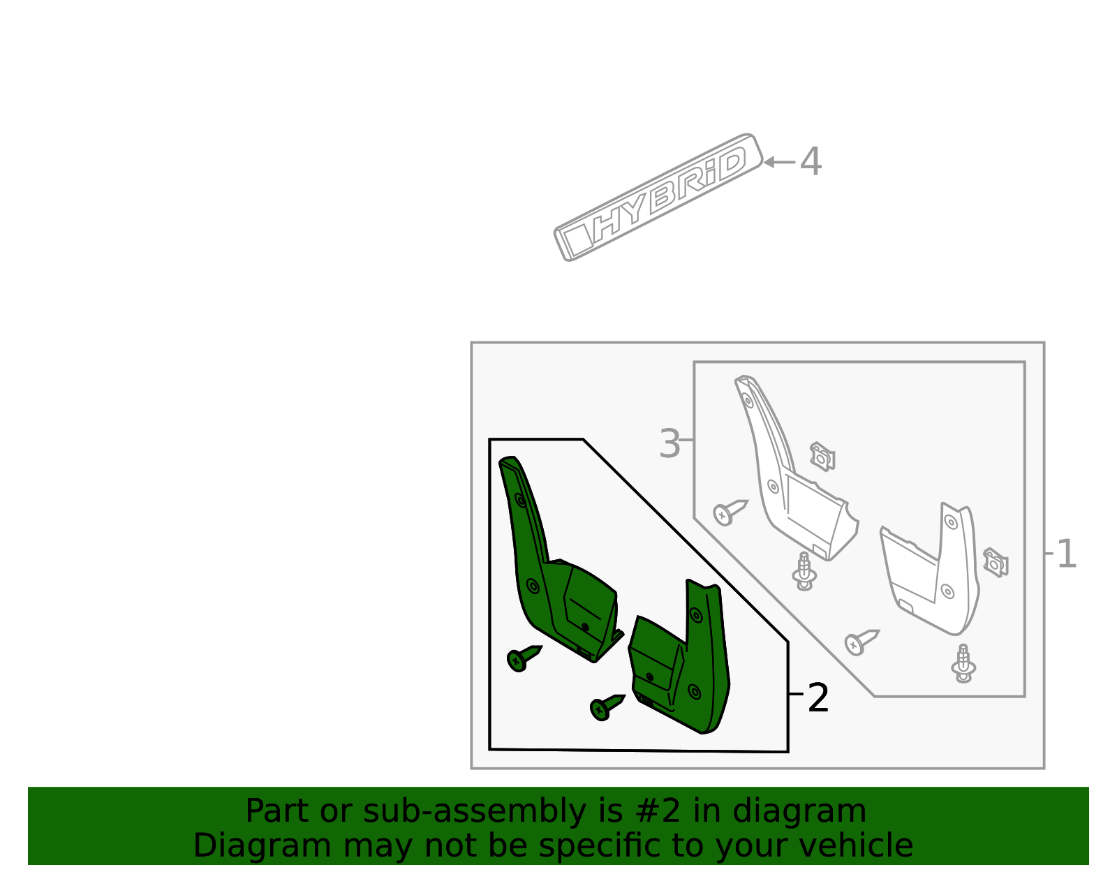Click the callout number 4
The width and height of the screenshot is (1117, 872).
[811, 162]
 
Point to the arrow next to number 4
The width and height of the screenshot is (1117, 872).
[778, 162]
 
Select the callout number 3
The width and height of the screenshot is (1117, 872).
[670, 444]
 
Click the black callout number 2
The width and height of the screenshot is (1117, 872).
[818, 698]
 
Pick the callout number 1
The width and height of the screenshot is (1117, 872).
[1067, 555]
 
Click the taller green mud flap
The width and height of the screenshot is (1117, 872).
[552, 572]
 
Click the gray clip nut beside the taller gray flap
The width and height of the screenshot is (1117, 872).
[822, 457]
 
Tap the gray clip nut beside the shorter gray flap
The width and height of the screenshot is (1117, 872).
[996, 563]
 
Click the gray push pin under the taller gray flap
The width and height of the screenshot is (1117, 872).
[804, 572]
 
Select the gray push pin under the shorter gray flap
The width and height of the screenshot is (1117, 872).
[963, 663]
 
